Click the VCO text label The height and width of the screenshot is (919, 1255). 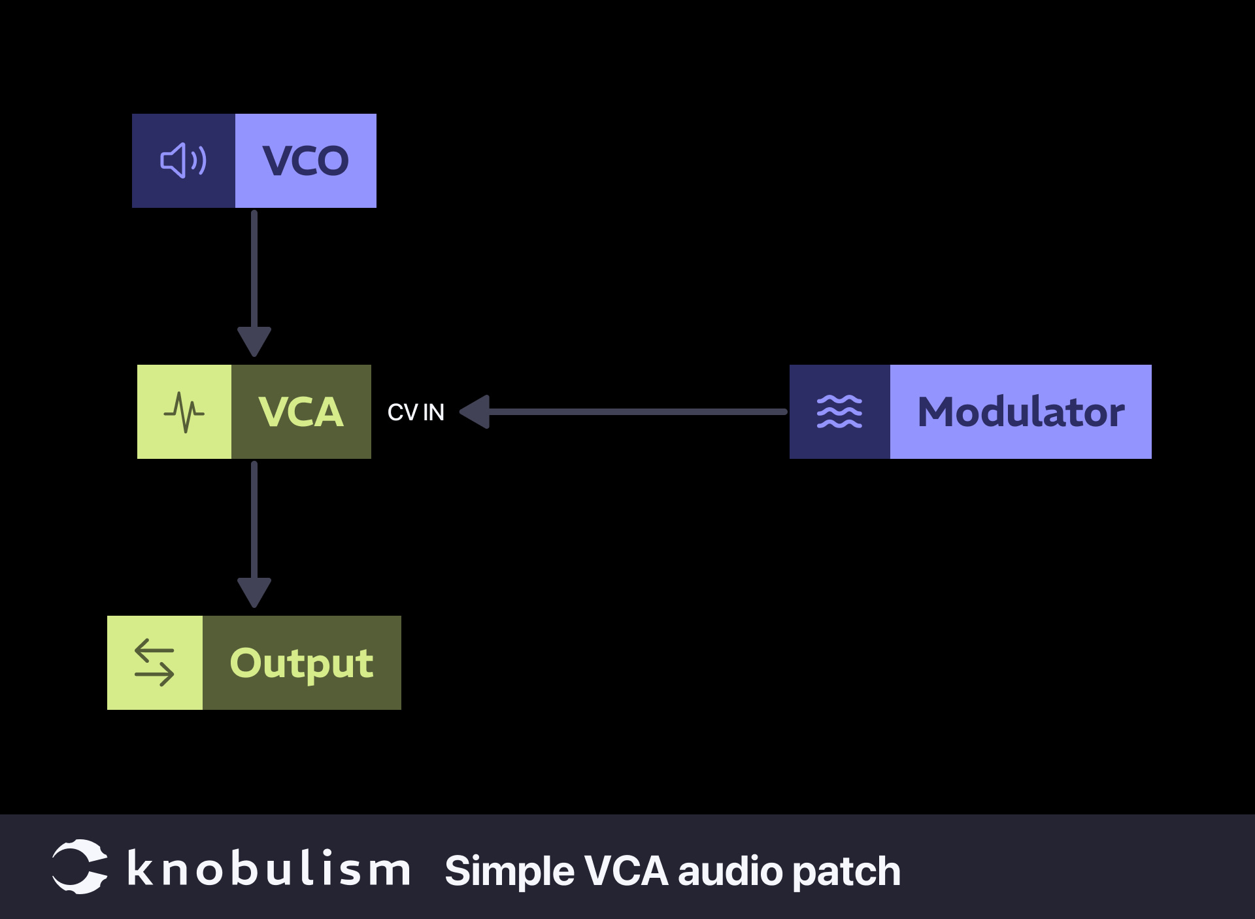click(x=305, y=161)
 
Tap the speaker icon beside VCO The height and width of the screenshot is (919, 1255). click(x=184, y=161)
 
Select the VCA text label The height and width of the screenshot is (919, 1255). click(x=301, y=412)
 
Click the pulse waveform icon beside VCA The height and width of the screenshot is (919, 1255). click(x=184, y=412)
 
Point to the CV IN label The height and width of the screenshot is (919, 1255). click(x=416, y=412)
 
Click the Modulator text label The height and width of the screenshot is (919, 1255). click(x=1020, y=412)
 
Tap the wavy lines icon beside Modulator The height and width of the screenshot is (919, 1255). click(x=839, y=412)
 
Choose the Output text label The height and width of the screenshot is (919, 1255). click(x=301, y=663)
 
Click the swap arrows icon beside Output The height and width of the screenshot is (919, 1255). click(x=154, y=663)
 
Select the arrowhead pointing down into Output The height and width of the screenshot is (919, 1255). click(x=254, y=592)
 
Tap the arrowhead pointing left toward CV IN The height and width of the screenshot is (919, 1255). click(x=475, y=412)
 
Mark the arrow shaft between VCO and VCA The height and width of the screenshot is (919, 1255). click(x=254, y=268)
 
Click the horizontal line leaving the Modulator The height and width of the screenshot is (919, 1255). click(x=637, y=412)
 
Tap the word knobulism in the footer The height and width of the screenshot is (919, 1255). click(x=269, y=869)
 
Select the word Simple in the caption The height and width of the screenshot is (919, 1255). click(x=510, y=872)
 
